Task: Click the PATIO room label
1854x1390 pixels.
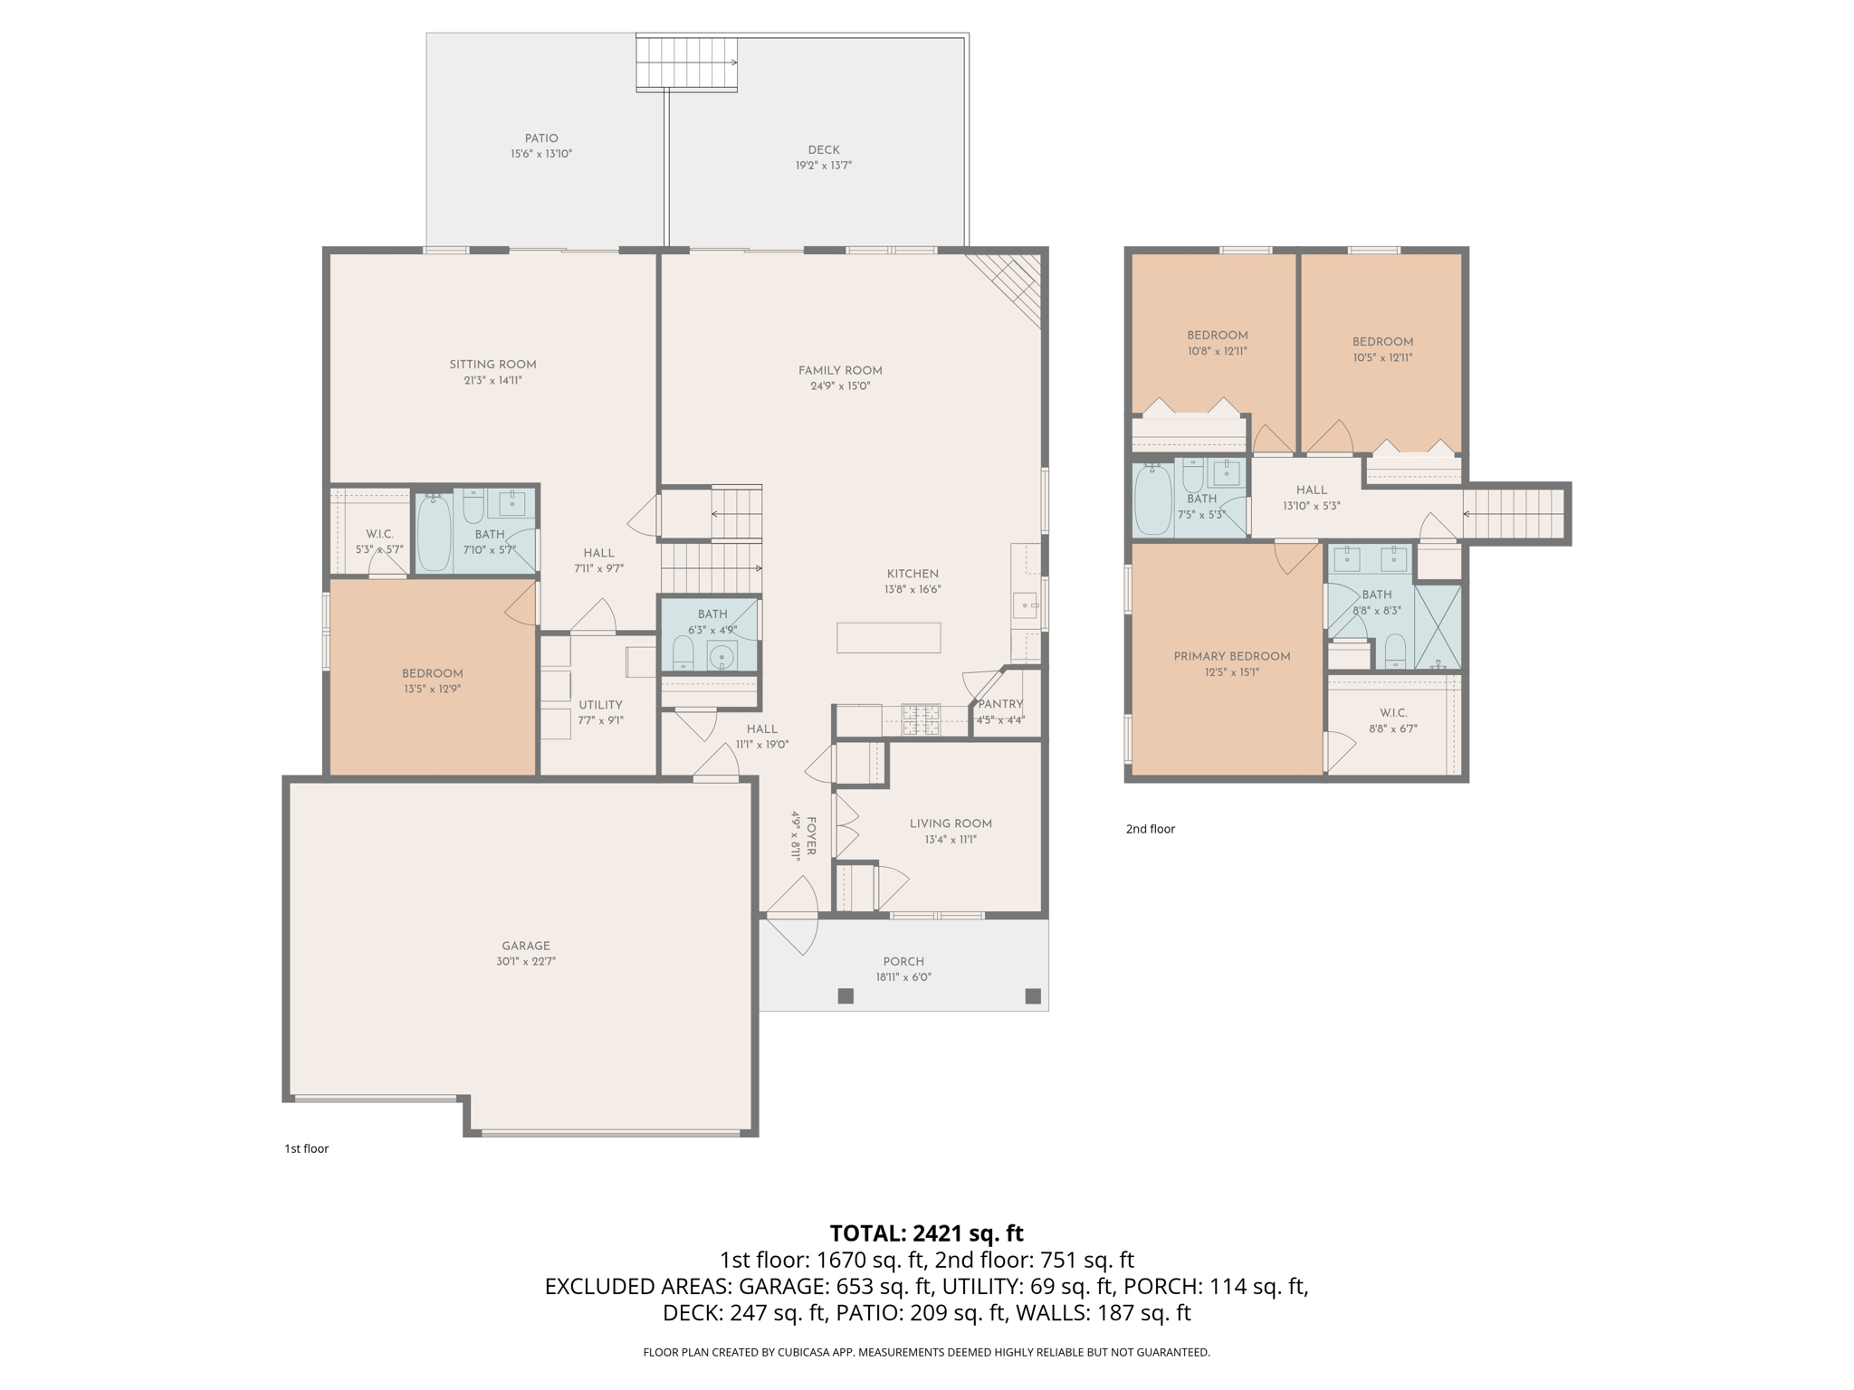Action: point(541,138)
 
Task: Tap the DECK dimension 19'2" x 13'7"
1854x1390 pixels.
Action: point(823,166)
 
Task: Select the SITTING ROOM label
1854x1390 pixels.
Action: point(492,365)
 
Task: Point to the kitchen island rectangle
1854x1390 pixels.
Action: point(888,638)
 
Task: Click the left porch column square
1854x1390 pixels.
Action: point(846,995)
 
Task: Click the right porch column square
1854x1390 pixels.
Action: point(1032,995)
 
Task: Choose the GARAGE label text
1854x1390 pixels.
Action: point(525,946)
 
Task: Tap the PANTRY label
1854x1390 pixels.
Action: point(1000,704)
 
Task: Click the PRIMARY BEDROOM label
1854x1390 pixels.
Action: point(1231,656)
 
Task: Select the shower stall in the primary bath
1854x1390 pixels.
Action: point(1438,627)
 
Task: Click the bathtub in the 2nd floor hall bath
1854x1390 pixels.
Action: point(1152,500)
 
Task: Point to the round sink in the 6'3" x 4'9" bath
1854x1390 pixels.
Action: point(722,656)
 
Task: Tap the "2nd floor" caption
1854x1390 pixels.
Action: point(1150,829)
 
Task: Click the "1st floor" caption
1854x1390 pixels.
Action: point(306,1148)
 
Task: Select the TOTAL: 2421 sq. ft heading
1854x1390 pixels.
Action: point(926,1233)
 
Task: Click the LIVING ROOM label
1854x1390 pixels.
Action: point(951,824)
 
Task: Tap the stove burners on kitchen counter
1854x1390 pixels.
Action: point(921,719)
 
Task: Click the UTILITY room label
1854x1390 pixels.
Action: point(600,705)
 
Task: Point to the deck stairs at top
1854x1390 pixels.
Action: point(686,62)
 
